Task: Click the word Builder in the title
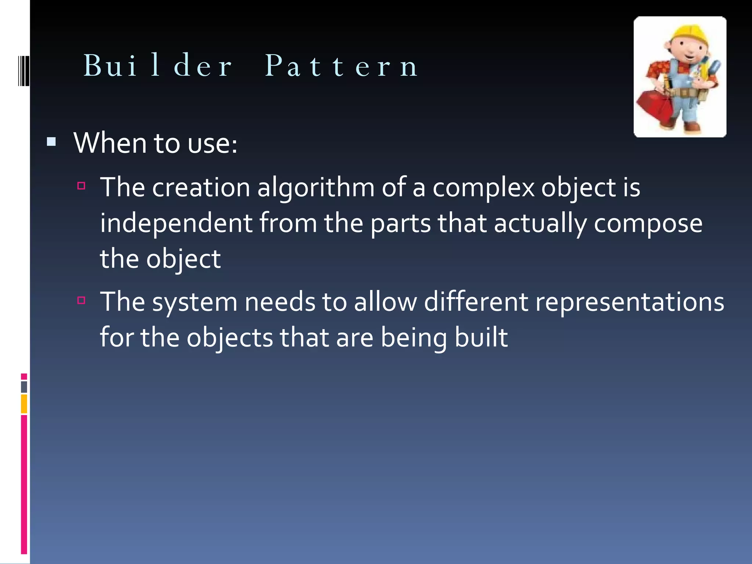click(x=158, y=66)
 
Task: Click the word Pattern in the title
click(x=341, y=66)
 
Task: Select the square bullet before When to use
click(x=51, y=142)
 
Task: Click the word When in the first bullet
click(x=110, y=143)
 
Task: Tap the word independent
click(x=176, y=223)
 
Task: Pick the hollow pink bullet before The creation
click(x=82, y=186)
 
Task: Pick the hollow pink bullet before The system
click(x=82, y=300)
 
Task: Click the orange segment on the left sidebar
click(x=24, y=404)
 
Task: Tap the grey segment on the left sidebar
click(x=24, y=387)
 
